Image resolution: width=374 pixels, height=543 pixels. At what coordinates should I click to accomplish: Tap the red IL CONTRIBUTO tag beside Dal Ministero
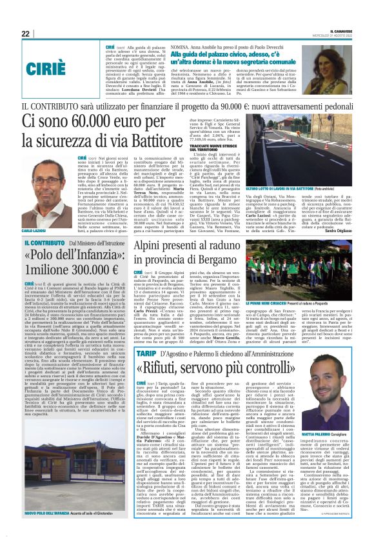pyautogui.click(x=43, y=243)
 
